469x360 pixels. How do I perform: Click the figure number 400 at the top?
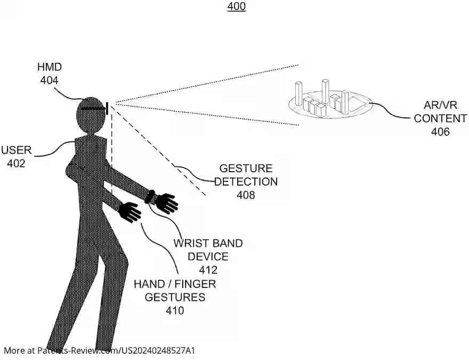[236, 6]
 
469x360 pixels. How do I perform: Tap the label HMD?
[50, 67]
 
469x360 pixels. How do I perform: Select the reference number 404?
[50, 80]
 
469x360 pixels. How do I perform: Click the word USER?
[17, 150]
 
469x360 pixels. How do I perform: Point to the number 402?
[16, 163]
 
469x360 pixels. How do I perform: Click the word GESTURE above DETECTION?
[246, 168]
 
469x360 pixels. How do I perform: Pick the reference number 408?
[246, 195]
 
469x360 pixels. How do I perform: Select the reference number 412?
[208, 270]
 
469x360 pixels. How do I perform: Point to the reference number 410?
[175, 310]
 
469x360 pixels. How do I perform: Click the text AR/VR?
[440, 105]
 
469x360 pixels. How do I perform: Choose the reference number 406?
[440, 132]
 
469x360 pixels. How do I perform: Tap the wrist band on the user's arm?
[150, 197]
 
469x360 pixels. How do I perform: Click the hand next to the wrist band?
[166, 203]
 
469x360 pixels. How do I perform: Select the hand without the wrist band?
[130, 212]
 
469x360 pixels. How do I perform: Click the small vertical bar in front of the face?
[107, 108]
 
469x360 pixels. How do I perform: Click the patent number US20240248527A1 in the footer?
[157, 350]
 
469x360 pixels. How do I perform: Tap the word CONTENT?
[440, 118]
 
